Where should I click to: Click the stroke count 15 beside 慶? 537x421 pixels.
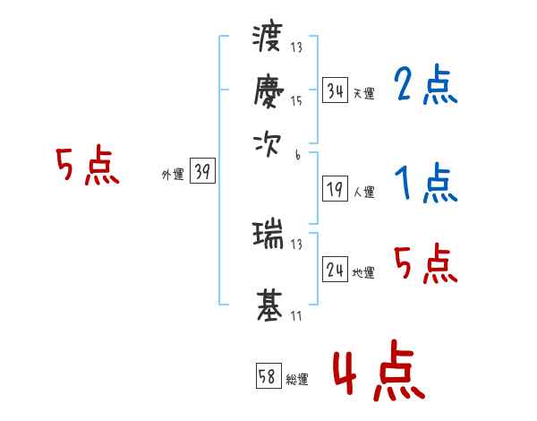(296, 101)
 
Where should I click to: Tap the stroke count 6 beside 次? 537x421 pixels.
(297, 154)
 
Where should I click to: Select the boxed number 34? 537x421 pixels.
(335, 90)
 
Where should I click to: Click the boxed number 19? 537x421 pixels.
(335, 189)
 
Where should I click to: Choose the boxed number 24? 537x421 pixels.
(335, 269)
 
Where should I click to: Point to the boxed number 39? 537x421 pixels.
(202, 172)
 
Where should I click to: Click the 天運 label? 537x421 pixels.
(363, 93)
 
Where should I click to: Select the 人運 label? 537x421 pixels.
(363, 192)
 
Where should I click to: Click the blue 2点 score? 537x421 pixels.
(424, 86)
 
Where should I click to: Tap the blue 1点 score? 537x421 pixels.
(424, 185)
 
